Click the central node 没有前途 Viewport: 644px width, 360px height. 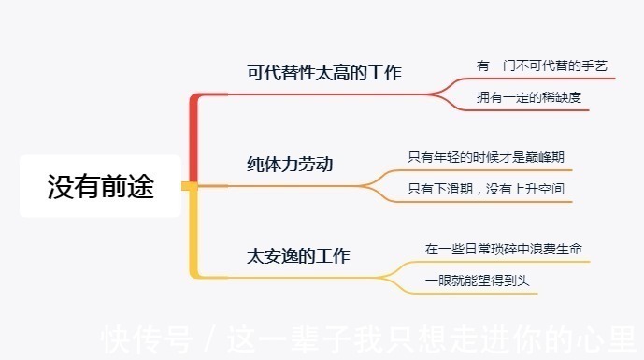click(100, 186)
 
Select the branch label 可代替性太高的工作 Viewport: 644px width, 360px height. click(323, 72)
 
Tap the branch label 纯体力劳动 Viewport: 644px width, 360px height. click(283, 165)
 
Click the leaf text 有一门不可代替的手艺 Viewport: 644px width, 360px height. click(542, 65)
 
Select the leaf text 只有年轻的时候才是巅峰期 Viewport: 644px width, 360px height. click(486, 156)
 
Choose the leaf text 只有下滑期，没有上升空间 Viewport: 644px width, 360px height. click(486, 189)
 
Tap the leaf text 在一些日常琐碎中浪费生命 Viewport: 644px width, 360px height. click(505, 249)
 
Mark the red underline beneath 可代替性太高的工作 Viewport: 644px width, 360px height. click(327, 94)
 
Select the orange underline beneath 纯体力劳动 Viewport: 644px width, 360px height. click(290, 186)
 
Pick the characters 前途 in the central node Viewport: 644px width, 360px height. click(127, 186)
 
